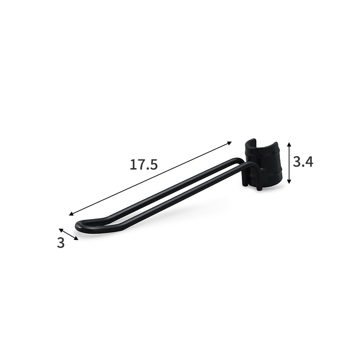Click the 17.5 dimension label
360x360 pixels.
pos(144,165)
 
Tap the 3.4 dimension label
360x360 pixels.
pos(303,162)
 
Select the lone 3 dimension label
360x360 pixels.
pos(60,243)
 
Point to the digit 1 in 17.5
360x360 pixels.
pos(132,165)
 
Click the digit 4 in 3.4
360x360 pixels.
pos(309,162)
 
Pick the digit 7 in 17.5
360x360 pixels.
pos(140,165)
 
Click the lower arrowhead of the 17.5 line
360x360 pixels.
pos(71,214)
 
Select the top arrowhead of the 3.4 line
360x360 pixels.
pos(289,144)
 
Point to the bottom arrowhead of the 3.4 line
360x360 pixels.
pos(289,181)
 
